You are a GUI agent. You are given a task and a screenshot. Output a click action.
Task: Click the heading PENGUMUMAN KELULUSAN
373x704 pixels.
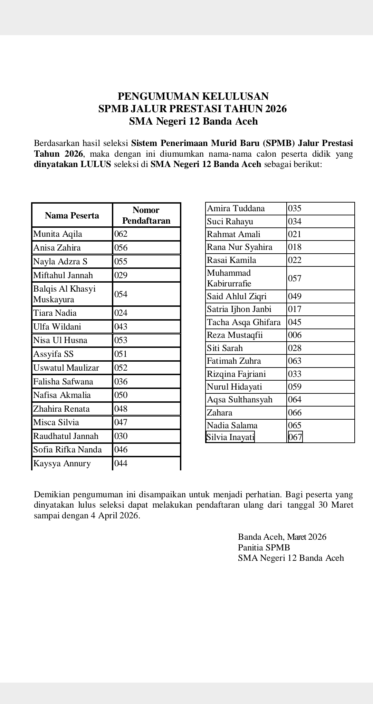193,96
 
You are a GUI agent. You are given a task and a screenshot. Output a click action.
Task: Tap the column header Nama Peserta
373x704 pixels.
72,216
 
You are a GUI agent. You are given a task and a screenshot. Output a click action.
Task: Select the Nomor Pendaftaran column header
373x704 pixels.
146,215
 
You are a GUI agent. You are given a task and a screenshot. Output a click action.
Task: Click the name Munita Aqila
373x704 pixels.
58,234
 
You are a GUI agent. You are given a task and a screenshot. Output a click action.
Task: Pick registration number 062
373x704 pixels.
121,234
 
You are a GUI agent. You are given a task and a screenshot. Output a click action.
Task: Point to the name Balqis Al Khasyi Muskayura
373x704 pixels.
64,294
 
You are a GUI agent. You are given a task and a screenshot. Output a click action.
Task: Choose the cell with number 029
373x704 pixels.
121,275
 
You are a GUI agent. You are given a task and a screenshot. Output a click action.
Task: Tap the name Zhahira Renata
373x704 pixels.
61,409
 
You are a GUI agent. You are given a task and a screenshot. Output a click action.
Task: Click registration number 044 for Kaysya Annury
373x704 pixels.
121,463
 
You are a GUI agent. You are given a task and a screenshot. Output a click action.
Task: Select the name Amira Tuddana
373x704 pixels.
236,208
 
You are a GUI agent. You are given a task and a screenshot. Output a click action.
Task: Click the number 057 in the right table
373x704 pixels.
295,278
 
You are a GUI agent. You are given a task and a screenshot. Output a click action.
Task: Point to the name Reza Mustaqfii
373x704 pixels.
235,335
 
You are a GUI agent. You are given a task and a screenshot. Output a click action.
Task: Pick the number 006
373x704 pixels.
295,335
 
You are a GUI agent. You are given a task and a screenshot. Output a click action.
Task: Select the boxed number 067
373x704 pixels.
295,437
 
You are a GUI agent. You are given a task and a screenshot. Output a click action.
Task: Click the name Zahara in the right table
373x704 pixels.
220,413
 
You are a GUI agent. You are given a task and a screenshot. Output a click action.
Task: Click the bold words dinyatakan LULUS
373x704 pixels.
73,164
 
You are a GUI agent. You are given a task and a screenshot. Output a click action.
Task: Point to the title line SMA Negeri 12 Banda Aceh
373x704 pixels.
193,121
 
